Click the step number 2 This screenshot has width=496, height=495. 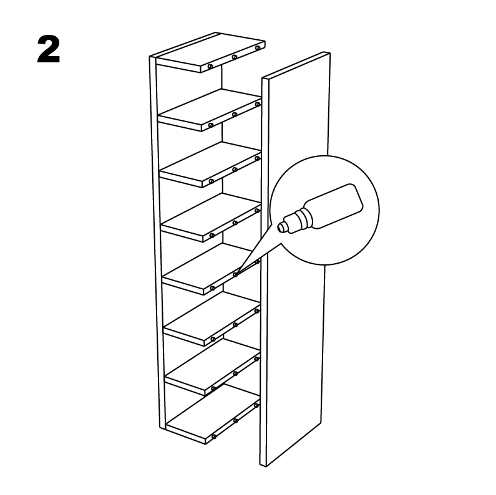coord(49,49)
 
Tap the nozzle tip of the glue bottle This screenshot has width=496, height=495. coord(280,228)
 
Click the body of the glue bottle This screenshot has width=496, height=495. coord(334,206)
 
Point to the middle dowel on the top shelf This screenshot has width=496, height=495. coord(235,57)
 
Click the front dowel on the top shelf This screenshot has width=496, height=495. coord(210,67)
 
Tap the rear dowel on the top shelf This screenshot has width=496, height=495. coord(258,48)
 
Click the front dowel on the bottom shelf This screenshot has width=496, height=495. coord(214,436)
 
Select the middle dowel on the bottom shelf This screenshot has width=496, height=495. coord(235,421)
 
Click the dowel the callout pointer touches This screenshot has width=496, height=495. coord(235,274)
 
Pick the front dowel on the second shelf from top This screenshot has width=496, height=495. coord(211,125)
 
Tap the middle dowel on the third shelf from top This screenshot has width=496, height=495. coord(235,170)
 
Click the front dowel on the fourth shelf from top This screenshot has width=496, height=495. coord(212,236)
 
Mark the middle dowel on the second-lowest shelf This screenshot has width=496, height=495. coord(235,373)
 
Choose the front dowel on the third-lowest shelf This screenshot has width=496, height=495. coord(213,339)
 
